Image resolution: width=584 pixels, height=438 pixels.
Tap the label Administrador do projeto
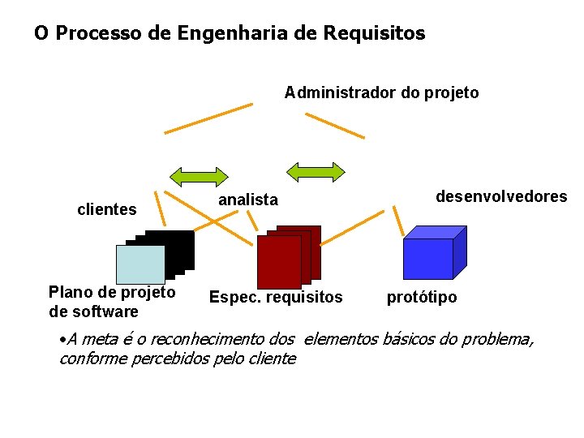coord(381,92)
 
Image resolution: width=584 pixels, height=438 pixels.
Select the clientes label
coord(106,210)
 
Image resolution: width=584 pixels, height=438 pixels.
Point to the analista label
coord(248,200)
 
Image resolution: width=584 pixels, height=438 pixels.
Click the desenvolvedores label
coord(501,196)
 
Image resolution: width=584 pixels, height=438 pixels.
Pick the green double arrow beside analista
coord(199,175)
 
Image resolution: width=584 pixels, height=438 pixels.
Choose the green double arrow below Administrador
coord(316,171)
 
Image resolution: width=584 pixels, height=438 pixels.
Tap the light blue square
coord(140,264)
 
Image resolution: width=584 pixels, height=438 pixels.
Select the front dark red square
coord(278,261)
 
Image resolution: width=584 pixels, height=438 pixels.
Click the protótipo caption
coord(421,298)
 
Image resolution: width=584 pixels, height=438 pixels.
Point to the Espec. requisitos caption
coord(276,298)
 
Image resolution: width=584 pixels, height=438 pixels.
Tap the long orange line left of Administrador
coord(208,118)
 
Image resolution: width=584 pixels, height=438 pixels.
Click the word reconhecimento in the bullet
coord(207,339)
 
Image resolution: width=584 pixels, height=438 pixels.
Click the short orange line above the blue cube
coord(397,220)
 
